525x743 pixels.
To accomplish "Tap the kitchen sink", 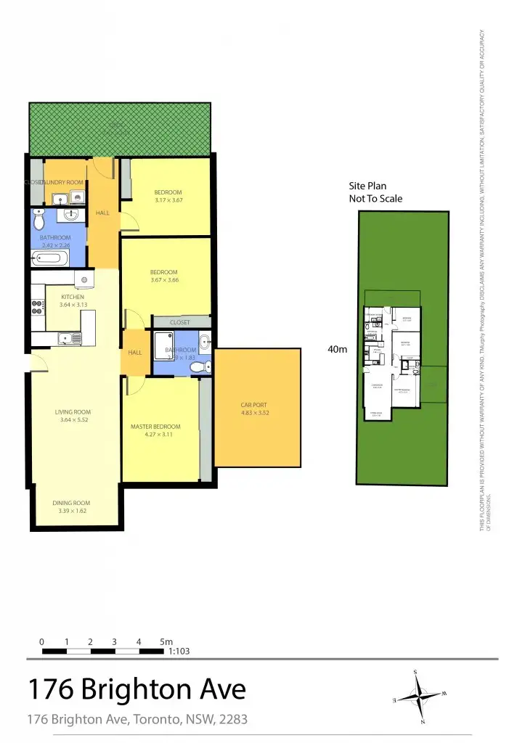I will tap(70, 337).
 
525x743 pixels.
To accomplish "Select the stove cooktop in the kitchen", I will tap(36, 308).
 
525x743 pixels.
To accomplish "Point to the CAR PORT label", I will tap(255, 406).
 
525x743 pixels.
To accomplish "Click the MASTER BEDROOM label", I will tap(155, 427).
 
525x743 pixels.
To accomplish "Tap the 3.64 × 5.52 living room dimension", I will tap(73, 420).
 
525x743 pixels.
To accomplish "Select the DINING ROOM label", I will tap(71, 503).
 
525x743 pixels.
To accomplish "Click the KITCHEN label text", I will tap(73, 297).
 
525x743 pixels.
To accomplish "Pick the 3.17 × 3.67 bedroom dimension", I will tap(168, 200).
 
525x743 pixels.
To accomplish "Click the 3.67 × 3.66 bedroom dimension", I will tap(164, 280).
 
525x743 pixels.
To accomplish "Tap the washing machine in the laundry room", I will tap(76, 197).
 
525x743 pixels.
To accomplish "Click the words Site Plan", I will tap(370, 186).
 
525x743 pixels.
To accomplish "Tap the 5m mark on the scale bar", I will tap(166, 642).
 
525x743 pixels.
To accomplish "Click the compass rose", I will tap(419, 697).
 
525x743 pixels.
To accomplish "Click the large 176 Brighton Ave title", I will tap(137, 689).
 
